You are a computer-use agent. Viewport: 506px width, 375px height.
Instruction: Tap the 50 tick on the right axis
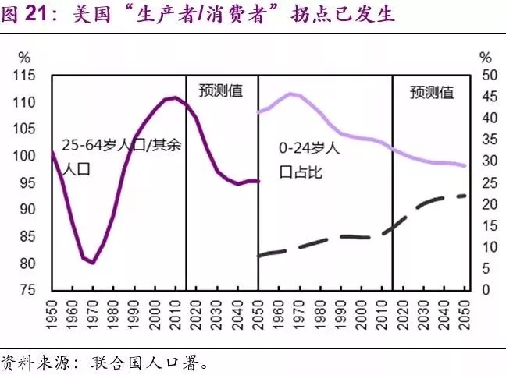coord(486,76)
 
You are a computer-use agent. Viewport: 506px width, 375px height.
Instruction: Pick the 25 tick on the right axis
coord(486,183)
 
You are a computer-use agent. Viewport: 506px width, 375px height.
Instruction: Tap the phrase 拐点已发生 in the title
coord(355,14)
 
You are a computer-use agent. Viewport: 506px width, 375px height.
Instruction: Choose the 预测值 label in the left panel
coord(221,90)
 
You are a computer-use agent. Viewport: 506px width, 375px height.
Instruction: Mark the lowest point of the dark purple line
coord(93,263)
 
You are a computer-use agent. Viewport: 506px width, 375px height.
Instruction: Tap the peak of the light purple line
coord(290,94)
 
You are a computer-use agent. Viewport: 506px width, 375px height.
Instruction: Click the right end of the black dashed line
coord(466,195)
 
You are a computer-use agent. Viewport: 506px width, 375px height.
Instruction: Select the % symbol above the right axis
coord(486,58)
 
